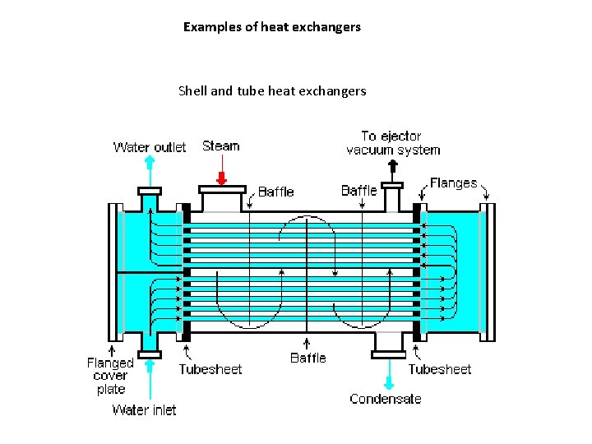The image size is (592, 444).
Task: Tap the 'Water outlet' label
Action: (150, 148)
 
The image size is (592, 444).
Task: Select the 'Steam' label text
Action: (221, 146)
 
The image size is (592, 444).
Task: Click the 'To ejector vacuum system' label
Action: (392, 143)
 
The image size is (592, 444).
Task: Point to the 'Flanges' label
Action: (453, 183)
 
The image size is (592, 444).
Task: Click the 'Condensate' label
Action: (385, 399)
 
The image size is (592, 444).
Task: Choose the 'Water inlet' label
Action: (144, 409)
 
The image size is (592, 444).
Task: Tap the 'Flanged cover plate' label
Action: (110, 376)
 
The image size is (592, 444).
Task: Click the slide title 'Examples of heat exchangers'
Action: (272, 27)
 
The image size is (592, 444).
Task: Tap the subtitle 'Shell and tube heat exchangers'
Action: (272, 91)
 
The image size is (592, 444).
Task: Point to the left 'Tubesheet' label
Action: (210, 369)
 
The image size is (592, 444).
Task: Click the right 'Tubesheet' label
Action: (440, 369)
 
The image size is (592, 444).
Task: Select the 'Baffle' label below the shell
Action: (308, 358)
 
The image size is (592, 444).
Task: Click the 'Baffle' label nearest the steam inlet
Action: (276, 192)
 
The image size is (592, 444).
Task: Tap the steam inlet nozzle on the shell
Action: (221, 198)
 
